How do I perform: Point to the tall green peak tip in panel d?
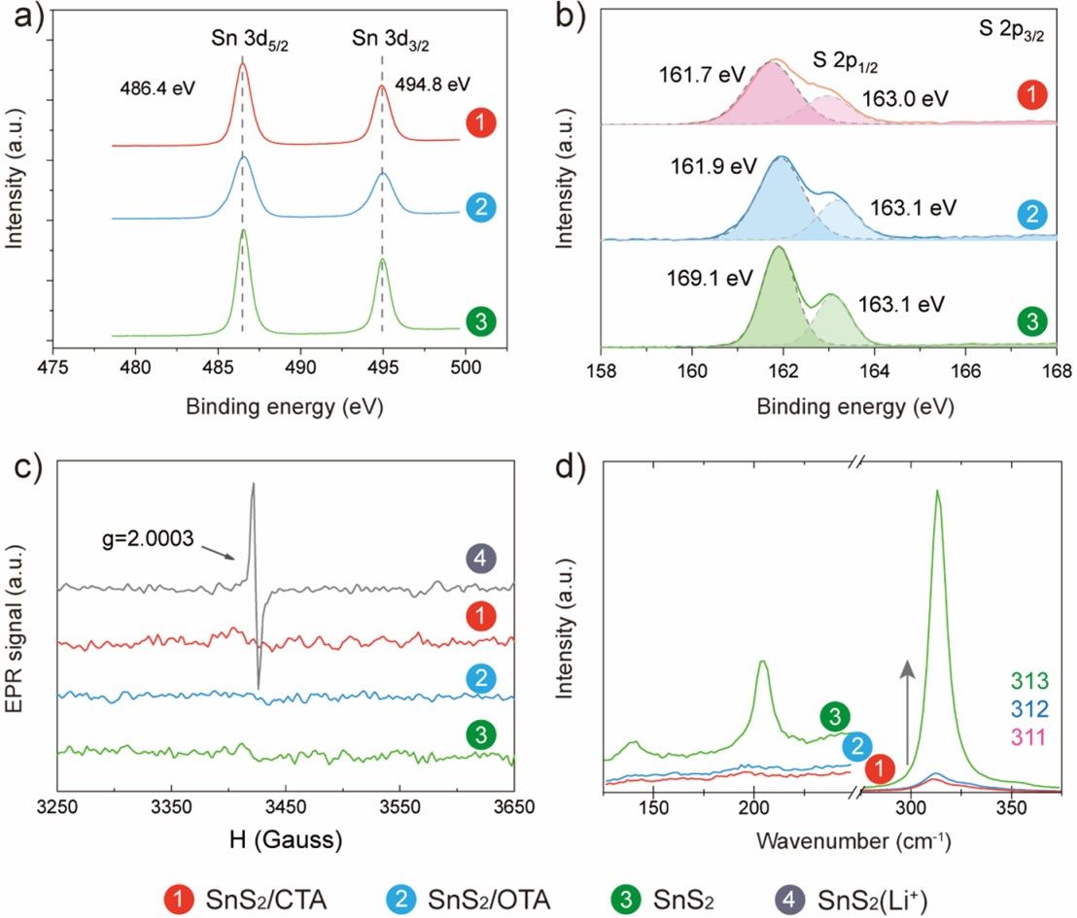pos(938,492)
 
